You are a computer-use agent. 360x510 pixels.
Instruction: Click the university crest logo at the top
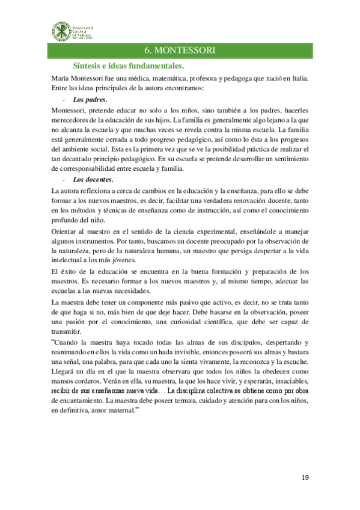click(59, 29)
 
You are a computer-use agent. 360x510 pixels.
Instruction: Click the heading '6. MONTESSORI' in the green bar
click(180, 49)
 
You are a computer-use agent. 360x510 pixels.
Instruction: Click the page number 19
click(305, 478)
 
